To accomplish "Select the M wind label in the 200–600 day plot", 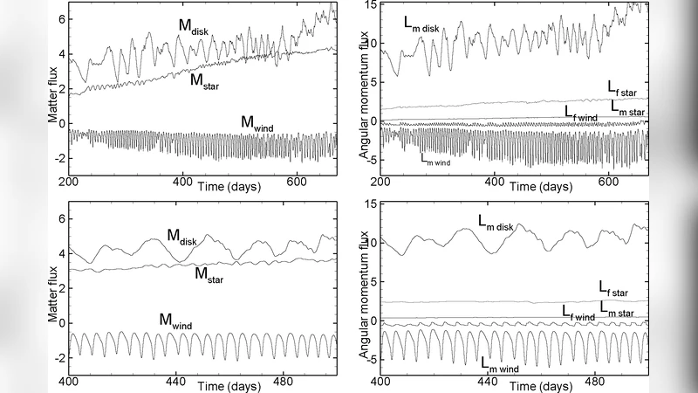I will pos(259,123).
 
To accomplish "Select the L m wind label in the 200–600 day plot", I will pos(435,158).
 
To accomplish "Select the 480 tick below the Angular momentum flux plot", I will pos(594,382).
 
